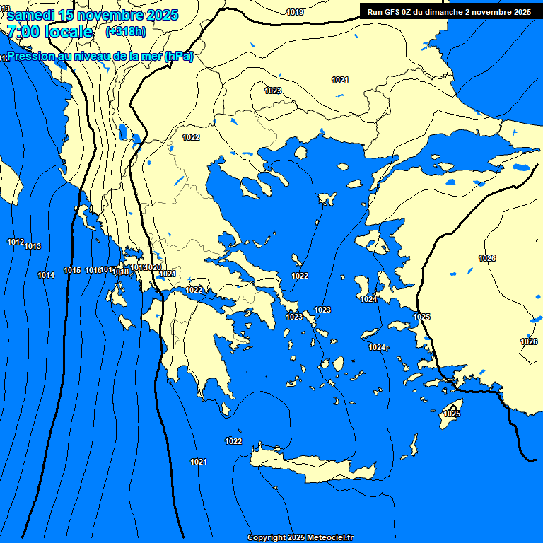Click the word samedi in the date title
click(31, 15)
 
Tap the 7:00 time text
click(21, 32)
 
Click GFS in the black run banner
click(394, 12)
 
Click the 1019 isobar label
click(296, 12)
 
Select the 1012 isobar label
click(16, 242)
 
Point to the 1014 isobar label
click(46, 275)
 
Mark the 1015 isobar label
click(72, 270)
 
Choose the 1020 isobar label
click(153, 267)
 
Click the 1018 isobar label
click(121, 271)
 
